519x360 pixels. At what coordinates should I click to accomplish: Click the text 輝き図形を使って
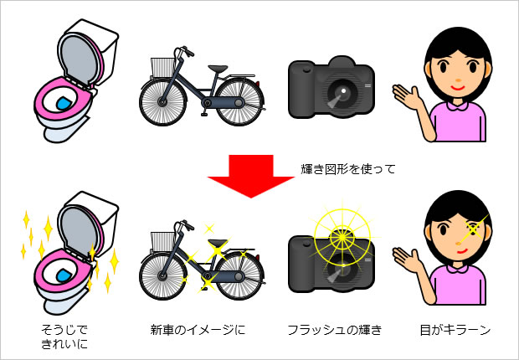coord(347,169)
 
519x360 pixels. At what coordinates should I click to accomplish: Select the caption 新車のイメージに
coord(197,330)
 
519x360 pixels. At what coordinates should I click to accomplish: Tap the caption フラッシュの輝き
coord(334,330)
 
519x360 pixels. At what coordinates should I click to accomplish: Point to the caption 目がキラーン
coord(455,330)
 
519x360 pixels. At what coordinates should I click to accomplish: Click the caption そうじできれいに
coord(65,337)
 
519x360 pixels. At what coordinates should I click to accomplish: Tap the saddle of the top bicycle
coord(217,69)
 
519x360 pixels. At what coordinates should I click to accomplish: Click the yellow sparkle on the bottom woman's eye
coord(476,227)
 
